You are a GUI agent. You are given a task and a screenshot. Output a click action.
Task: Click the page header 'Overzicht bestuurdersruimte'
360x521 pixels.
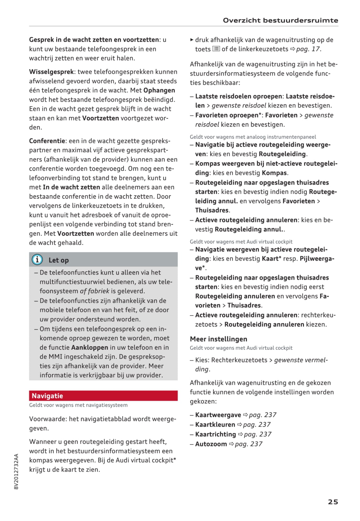pos(280,20)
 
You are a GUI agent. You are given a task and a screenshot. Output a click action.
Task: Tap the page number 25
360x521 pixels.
pos(333,502)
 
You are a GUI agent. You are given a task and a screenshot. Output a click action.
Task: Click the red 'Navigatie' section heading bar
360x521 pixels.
pos(103,396)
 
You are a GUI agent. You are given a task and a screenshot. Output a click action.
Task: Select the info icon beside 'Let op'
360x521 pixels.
pos(37,260)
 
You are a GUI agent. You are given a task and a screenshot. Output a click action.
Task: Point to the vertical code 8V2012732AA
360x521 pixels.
pos(16,471)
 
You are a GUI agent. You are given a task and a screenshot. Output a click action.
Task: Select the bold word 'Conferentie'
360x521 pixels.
pos(47,141)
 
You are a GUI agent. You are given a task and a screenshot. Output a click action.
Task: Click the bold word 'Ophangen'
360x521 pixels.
pos(159,90)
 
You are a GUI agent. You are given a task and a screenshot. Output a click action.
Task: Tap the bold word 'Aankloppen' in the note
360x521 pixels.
pos(90,347)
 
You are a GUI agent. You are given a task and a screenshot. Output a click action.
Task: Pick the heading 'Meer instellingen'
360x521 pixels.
pos(218,339)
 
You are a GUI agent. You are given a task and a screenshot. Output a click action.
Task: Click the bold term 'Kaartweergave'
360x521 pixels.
pos(218,415)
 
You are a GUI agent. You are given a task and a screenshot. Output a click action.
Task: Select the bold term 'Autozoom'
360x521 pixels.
pos(211,444)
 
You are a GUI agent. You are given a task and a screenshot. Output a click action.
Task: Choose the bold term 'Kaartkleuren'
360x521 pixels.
pos(215,425)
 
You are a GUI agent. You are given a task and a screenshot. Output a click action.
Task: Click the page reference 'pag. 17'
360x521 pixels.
pos(308,49)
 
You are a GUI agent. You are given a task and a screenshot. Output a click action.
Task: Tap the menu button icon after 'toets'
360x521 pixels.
pos(216,49)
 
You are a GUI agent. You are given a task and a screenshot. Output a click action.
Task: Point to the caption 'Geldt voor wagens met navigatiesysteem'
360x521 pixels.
pos(78,405)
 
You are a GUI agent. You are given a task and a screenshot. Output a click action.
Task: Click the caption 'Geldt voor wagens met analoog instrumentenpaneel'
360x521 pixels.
pos(253,137)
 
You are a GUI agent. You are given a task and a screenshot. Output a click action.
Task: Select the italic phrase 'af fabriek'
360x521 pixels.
pos(94,291)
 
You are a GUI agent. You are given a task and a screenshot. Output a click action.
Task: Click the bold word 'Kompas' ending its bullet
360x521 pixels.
pos(274,173)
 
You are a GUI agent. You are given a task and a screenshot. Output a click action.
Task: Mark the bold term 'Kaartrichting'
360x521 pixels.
pos(215,434)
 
